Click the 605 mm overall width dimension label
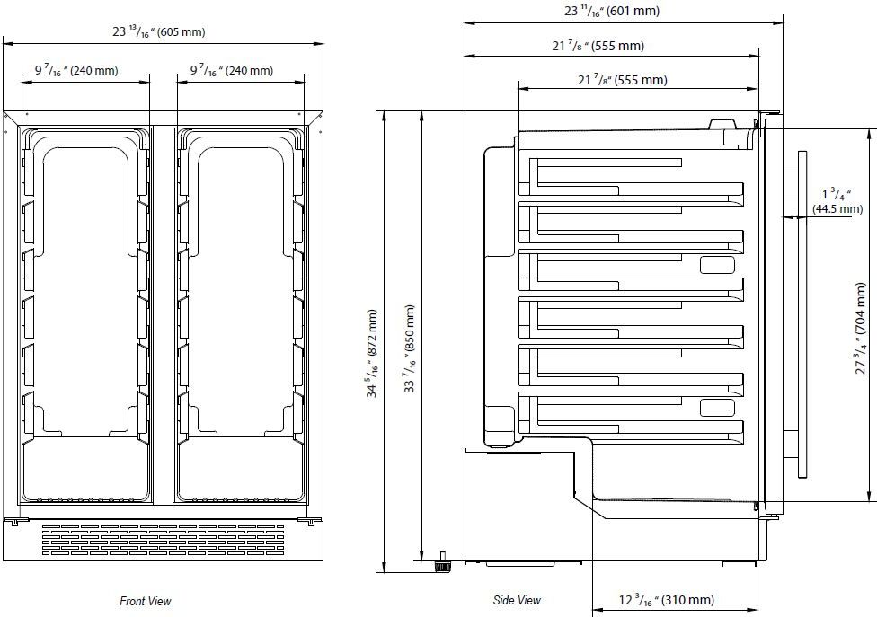click(160, 32)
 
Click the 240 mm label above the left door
click(76, 70)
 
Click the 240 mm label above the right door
click(232, 70)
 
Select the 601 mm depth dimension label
click(612, 12)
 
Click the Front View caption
click(146, 601)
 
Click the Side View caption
click(517, 600)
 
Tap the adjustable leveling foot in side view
click(441, 564)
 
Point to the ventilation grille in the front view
click(162, 539)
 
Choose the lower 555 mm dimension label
click(623, 80)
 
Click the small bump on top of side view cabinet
click(721, 124)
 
